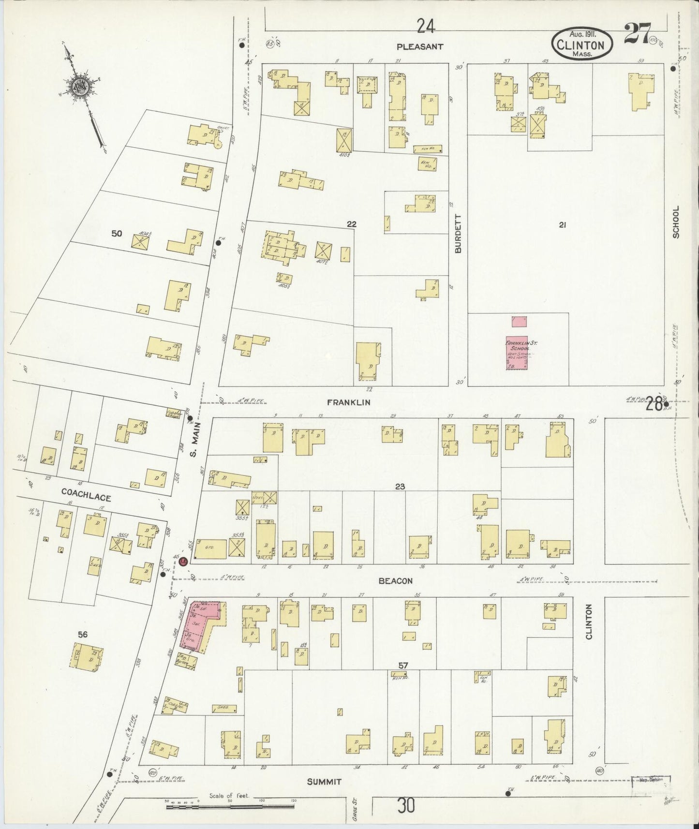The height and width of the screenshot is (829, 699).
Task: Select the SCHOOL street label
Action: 675,222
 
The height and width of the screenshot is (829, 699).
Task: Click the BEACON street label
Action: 395,581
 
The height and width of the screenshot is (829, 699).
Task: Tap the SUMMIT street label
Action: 325,782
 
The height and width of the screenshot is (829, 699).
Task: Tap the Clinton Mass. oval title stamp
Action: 582,44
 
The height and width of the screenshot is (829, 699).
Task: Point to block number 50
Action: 116,234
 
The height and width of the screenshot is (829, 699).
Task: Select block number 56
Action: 83,634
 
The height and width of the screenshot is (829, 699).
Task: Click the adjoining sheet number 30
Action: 406,806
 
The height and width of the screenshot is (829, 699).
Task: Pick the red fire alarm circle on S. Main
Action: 183,562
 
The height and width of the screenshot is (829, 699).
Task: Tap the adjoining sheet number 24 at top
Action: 425,25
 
